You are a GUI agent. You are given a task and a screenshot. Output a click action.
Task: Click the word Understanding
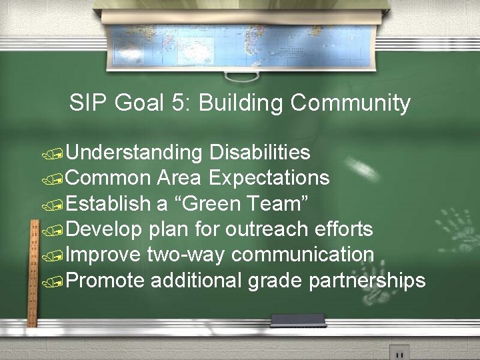tap(134, 153)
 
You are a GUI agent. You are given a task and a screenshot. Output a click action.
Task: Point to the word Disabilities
tap(259, 153)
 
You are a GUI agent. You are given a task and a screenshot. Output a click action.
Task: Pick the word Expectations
tap(269, 178)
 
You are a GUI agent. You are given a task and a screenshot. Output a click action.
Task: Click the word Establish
tap(109, 203)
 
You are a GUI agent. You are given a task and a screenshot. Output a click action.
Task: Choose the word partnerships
tap(367, 281)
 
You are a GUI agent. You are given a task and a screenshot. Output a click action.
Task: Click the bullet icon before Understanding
tap(54, 155)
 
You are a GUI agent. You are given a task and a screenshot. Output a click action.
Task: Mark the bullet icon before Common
tap(54, 180)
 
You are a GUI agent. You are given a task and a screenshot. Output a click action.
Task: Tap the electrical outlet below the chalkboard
tap(399, 353)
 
